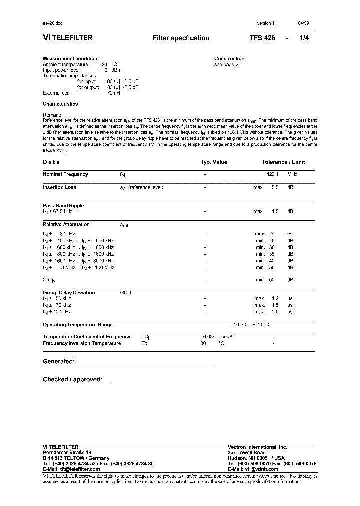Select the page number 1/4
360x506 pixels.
(x=304, y=38)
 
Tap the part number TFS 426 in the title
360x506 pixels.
(x=262, y=38)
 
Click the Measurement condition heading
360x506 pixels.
(x=70, y=59)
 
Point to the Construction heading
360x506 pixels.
(x=229, y=59)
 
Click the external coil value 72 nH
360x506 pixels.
(x=113, y=93)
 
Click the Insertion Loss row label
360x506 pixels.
(x=60, y=187)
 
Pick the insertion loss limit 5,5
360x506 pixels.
(x=275, y=187)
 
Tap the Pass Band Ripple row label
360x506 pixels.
(x=63, y=205)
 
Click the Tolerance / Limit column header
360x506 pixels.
(x=283, y=162)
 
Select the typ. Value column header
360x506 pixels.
(x=214, y=162)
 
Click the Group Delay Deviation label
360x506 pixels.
(x=69, y=293)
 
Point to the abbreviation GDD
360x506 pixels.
(x=125, y=293)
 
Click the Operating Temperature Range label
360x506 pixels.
(x=78, y=325)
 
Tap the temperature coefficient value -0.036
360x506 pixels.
(x=208, y=337)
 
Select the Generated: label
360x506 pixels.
(x=59, y=361)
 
